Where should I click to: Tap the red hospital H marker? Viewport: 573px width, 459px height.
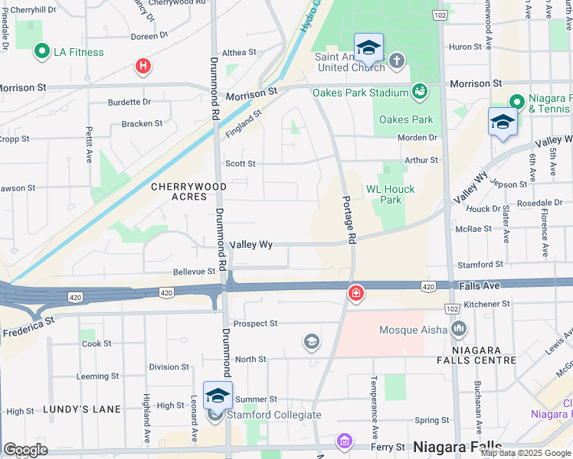(x=142, y=67)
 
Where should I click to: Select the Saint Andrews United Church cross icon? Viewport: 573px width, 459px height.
(x=396, y=60)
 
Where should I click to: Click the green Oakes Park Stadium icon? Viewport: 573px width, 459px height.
(x=419, y=93)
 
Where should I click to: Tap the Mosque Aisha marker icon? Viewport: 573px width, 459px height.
(x=459, y=329)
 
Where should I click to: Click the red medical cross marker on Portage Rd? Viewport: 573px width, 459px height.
(x=355, y=293)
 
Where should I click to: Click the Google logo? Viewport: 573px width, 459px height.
(x=25, y=450)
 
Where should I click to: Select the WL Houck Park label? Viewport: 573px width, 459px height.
(x=390, y=194)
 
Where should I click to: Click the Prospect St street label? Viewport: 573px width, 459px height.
(x=255, y=324)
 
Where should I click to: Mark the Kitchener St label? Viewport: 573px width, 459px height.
(x=487, y=304)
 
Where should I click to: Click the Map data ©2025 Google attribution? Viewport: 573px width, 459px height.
(x=525, y=453)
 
